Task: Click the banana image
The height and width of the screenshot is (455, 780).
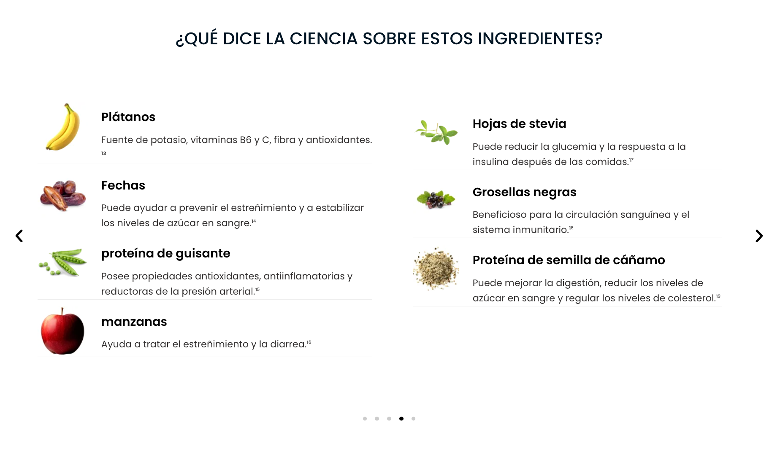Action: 63,127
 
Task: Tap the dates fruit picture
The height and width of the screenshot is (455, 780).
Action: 63,195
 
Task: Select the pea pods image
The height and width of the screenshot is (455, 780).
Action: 63,263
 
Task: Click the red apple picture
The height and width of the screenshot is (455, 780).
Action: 62,331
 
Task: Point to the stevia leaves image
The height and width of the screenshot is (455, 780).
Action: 436,132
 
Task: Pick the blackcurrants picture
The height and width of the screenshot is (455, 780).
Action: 436,199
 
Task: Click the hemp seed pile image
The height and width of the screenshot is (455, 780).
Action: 436,268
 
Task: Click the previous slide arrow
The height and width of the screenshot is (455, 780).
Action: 19,236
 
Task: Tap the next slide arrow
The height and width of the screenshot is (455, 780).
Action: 759,236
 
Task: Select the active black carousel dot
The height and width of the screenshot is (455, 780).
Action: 401,419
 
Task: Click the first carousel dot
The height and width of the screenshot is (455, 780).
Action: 365,419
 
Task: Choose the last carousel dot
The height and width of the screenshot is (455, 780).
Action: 413,419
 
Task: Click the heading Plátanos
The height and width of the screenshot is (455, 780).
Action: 128,117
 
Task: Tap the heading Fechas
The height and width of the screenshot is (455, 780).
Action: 123,185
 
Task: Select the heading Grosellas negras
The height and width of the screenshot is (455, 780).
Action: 525,192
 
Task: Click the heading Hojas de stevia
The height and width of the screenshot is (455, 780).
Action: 520,124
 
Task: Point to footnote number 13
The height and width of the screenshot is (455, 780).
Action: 103,153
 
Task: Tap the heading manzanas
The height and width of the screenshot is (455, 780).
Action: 134,322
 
